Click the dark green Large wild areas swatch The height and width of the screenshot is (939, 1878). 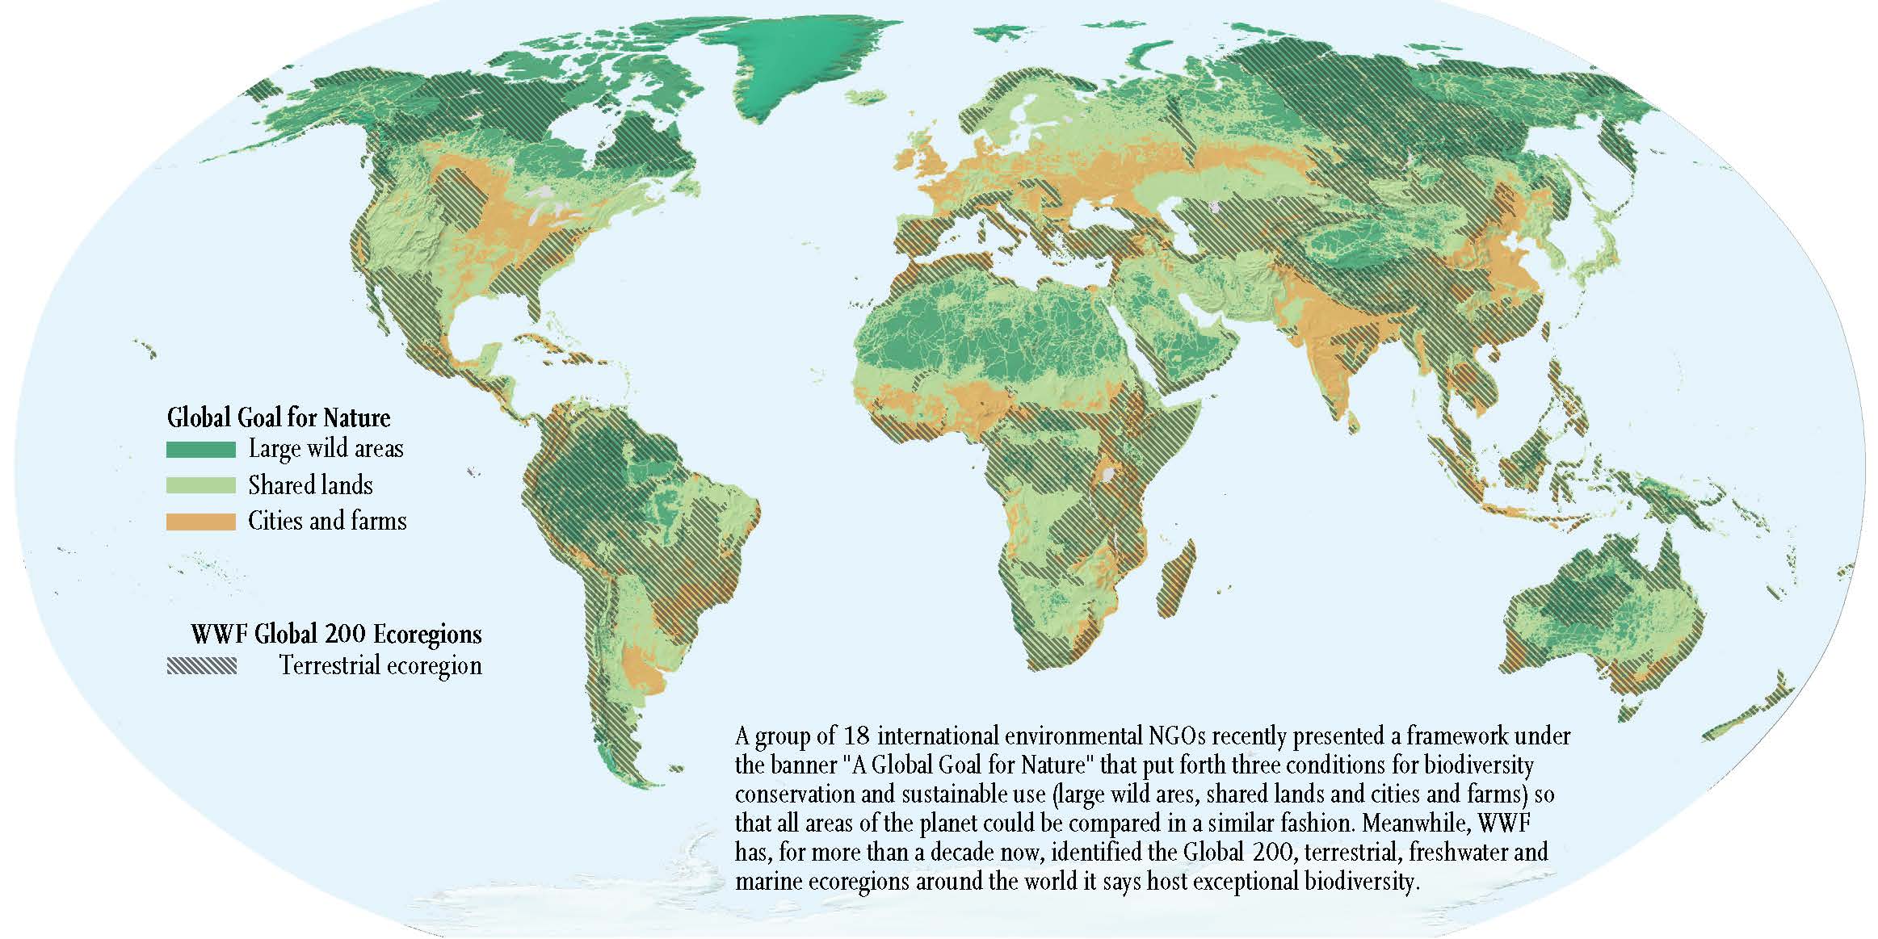pos(200,450)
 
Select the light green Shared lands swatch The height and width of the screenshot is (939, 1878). pos(200,485)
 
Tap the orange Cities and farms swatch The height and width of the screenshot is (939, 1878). pos(200,522)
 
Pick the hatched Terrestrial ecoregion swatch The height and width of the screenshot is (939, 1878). pos(202,666)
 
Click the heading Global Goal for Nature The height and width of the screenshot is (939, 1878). pos(279,417)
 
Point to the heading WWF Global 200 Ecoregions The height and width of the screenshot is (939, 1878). pos(336,634)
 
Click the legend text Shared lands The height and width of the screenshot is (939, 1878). pos(310,485)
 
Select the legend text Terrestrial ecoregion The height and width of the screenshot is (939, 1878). pos(380,666)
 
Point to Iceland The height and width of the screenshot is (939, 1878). pos(866,96)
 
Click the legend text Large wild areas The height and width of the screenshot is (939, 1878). pos(326,449)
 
